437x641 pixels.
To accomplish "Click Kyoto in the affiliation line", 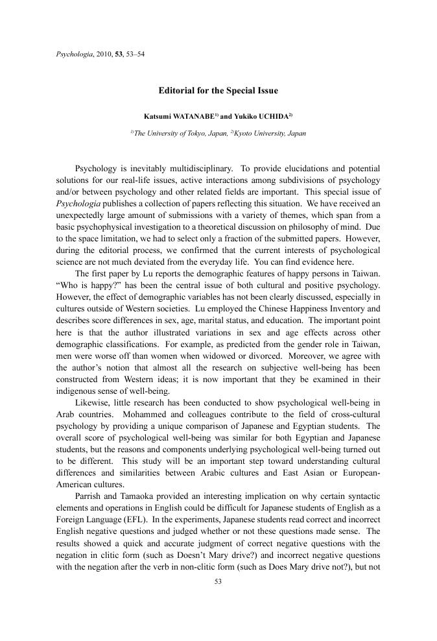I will tap(244, 133).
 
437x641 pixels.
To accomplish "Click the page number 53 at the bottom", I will tap(218, 581).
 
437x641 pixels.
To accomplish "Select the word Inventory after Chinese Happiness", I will tap(342, 309).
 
